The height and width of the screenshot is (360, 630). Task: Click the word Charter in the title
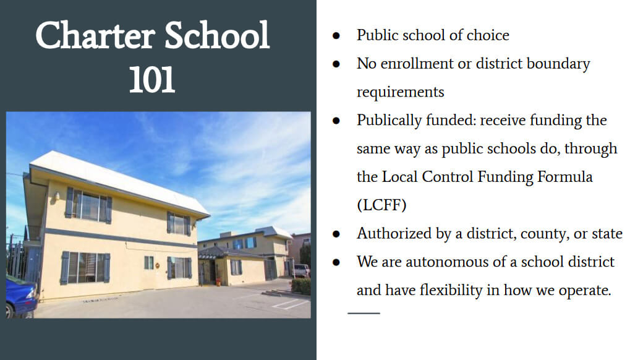95,36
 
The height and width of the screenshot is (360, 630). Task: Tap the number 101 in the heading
152,80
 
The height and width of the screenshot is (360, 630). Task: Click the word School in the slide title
217,35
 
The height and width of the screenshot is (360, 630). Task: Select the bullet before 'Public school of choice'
336,36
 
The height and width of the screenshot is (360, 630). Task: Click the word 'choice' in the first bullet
488,35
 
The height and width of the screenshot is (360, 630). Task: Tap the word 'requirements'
400,92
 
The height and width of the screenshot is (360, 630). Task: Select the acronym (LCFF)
381,205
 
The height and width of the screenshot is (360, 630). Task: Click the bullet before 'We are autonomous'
336,262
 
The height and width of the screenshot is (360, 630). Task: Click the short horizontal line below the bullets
364,313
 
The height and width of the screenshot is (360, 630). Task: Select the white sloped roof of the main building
120,181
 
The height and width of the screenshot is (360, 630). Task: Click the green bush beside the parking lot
301,286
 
